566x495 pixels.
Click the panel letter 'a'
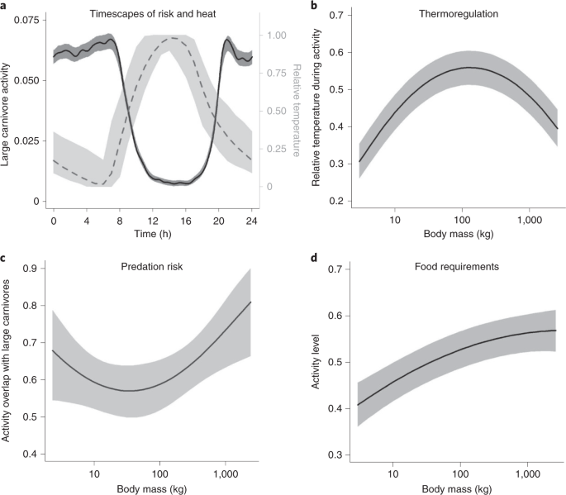click(x=5, y=6)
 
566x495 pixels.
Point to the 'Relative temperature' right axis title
click(x=298, y=111)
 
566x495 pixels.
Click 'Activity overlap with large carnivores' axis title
click(x=7, y=362)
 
